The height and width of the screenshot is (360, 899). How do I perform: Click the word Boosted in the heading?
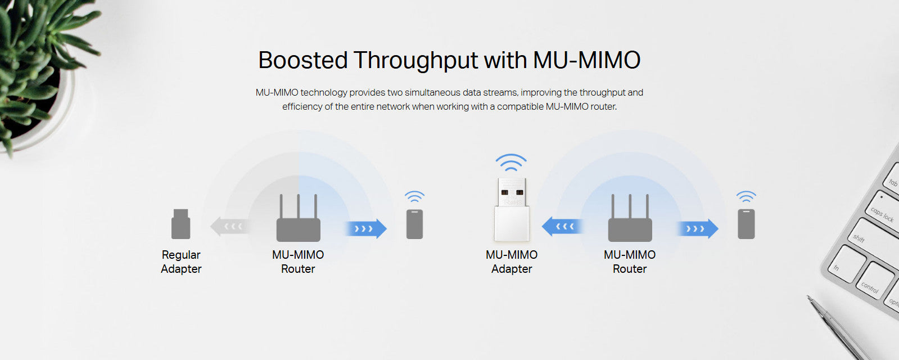tap(302, 60)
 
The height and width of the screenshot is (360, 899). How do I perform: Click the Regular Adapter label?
tap(181, 262)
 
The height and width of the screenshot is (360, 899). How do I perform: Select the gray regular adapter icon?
tap(180, 224)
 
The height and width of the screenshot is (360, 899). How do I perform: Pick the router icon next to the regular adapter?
tap(298, 219)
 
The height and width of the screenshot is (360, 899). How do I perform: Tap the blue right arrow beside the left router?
tap(366, 228)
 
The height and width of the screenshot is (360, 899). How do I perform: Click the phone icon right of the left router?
tap(414, 224)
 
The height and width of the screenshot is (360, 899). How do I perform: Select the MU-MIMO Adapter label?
tap(512, 262)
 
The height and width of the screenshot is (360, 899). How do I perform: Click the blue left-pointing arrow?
tap(562, 227)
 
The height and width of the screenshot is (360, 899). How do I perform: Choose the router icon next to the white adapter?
tap(630, 219)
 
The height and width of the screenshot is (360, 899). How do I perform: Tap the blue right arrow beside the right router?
tap(698, 228)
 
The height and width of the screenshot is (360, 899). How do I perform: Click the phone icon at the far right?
tap(746, 224)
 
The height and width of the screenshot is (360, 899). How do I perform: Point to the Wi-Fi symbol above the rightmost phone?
tap(746, 197)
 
